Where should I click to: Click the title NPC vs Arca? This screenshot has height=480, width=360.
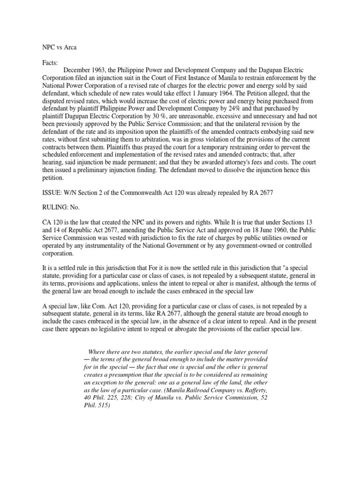tap(55, 47)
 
